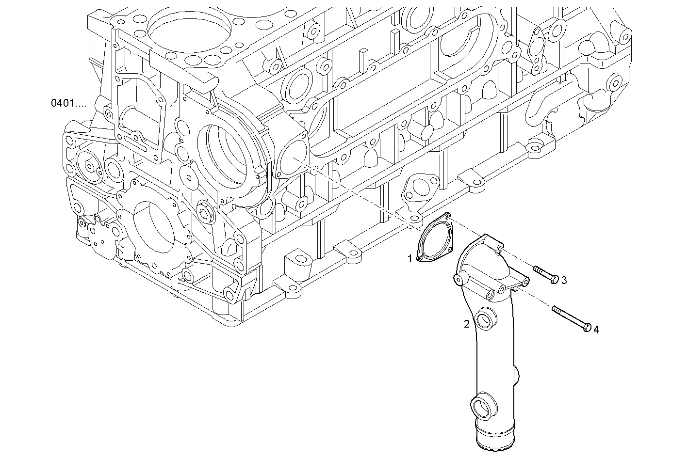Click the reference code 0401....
(x=68, y=103)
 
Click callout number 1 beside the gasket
(x=410, y=259)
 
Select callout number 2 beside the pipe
(x=466, y=324)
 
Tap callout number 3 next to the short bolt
(x=564, y=280)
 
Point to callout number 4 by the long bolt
(x=596, y=330)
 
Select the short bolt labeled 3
(x=546, y=274)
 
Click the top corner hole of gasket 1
(x=447, y=216)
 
